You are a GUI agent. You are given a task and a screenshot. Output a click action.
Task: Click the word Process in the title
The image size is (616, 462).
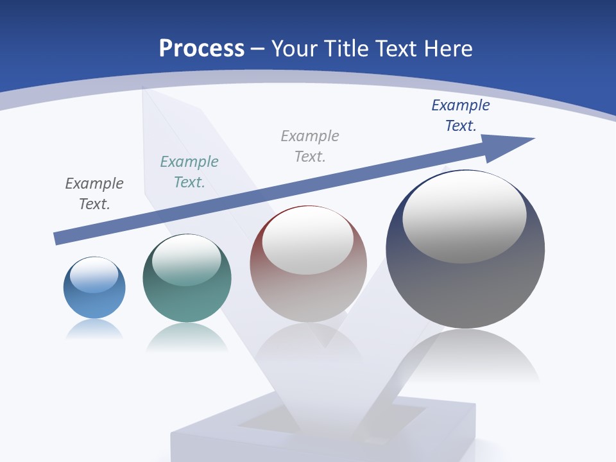pos(201,49)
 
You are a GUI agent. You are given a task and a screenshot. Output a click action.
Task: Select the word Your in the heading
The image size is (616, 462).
pos(295,49)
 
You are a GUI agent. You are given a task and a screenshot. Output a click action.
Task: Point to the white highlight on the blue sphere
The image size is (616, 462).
pos(94,275)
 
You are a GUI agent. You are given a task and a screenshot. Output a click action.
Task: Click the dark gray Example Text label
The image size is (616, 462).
pos(94,194)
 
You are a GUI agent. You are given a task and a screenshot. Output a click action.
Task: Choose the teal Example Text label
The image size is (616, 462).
pos(189,172)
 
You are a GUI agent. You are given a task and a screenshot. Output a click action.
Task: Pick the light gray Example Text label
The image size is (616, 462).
pos(310,146)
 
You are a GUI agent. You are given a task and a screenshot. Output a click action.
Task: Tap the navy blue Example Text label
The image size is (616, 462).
pos(461,116)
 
